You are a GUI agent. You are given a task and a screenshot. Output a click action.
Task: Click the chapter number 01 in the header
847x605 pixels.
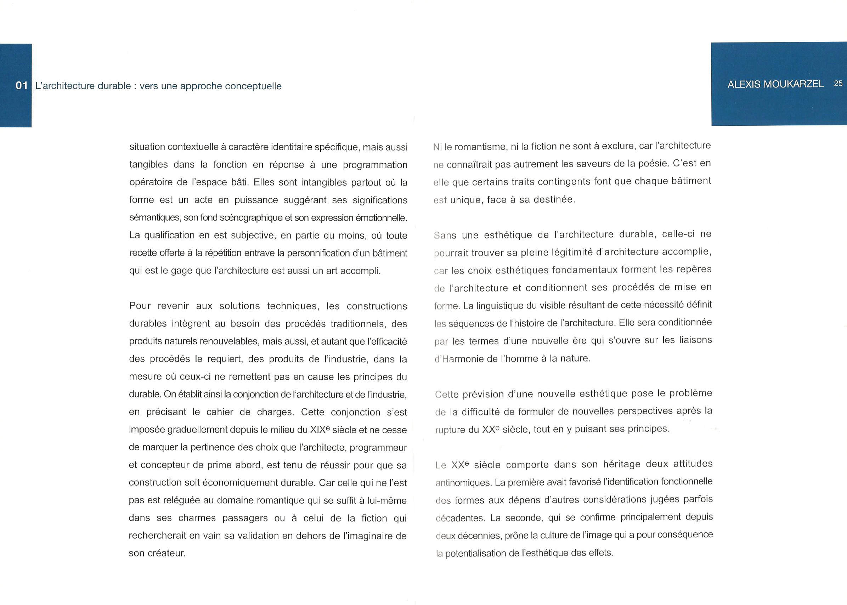[x=22, y=86]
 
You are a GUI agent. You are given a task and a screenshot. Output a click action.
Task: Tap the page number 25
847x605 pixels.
[x=838, y=84]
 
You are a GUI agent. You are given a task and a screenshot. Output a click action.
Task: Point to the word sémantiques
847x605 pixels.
[x=154, y=218]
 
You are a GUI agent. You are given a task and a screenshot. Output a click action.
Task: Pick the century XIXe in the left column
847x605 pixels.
[x=320, y=430]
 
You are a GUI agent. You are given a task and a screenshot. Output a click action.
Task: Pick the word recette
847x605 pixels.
[x=143, y=253]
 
